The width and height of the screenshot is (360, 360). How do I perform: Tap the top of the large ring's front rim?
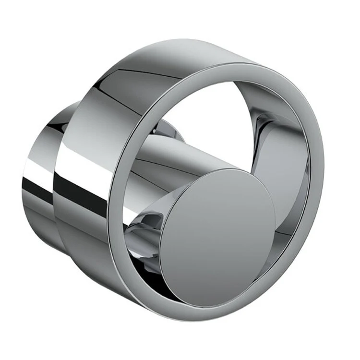tap(216, 68)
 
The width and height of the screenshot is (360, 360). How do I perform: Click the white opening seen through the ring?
tap(206, 110)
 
